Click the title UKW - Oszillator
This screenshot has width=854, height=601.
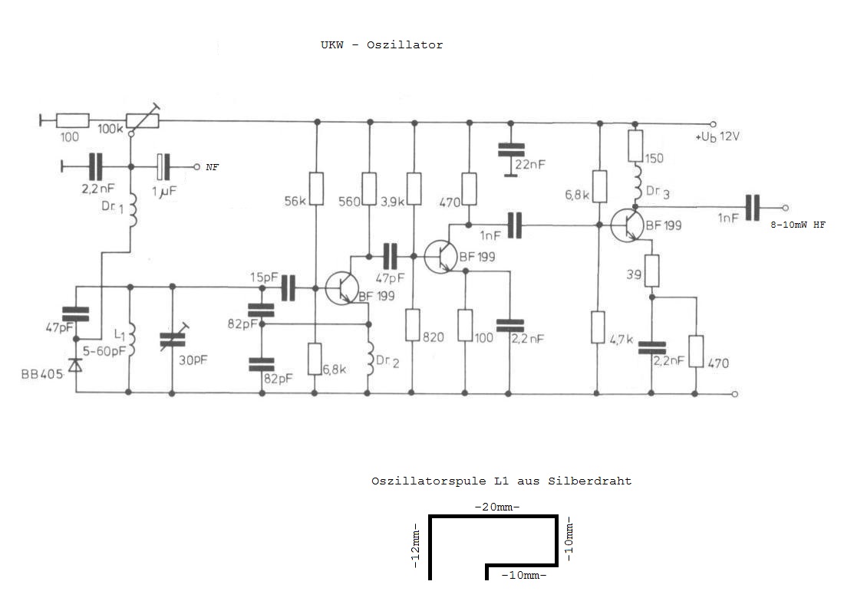coord(381,44)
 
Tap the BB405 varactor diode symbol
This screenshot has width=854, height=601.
coord(75,365)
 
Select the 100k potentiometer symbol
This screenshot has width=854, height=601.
coord(143,120)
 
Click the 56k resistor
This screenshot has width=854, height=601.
coord(315,188)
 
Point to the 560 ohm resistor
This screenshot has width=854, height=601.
coord(369,188)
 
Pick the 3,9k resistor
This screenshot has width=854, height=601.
coord(414,188)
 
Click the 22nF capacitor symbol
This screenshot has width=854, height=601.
coord(507,149)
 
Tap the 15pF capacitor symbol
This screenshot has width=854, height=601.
coord(289,287)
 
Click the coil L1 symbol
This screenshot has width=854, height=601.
coord(129,340)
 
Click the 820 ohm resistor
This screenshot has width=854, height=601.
coord(413,325)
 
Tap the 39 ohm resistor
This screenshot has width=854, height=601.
coord(651,271)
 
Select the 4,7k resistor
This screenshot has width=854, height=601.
coord(598,327)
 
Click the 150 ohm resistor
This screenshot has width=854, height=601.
coord(635,145)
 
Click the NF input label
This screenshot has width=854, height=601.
coord(212,166)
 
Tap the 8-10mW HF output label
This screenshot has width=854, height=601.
coord(798,225)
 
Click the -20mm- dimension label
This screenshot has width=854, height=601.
coord(496,507)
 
